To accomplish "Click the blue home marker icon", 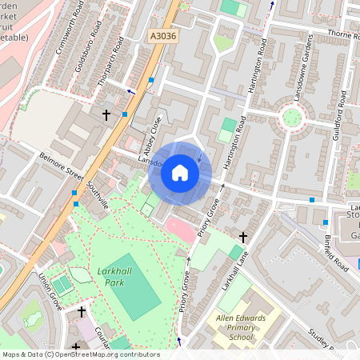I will pyautogui.click(x=180, y=173).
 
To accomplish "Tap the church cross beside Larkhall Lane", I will pyautogui.click(x=243, y=237).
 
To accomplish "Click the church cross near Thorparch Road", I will pyautogui.click(x=106, y=114).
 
